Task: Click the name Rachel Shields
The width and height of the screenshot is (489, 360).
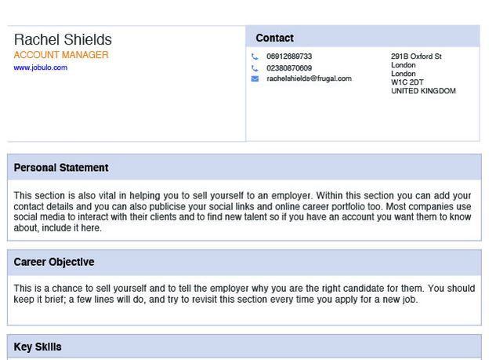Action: point(63,39)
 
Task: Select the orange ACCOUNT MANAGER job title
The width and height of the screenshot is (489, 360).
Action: point(61,55)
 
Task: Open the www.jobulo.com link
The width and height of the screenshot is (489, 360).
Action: point(40,67)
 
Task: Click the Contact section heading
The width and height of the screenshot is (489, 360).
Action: point(274,38)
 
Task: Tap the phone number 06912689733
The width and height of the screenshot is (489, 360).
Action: point(288,56)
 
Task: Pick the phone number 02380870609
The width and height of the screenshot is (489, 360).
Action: point(288,67)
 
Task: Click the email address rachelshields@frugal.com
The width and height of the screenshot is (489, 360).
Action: point(309,78)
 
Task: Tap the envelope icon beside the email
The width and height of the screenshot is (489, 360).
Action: point(255,78)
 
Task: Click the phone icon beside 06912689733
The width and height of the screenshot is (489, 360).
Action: point(255,56)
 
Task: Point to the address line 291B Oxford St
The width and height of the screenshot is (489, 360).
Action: point(416,56)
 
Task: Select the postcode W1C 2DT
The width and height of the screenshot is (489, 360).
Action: point(407,82)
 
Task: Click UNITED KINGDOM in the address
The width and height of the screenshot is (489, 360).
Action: point(423,91)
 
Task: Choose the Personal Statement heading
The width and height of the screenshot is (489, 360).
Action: point(61,168)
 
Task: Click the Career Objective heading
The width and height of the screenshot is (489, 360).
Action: point(54,262)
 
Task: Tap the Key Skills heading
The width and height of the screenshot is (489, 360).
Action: point(38,347)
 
